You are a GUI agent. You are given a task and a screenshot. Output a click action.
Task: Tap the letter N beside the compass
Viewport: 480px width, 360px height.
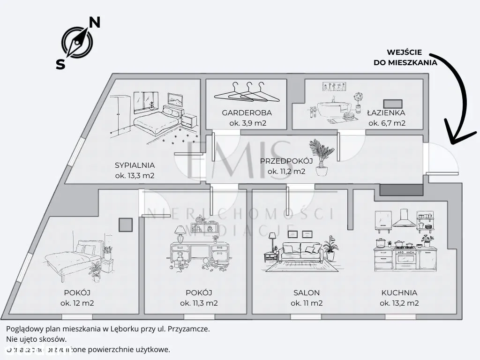95,22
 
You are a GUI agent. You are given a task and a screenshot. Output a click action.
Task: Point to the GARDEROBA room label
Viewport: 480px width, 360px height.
247,113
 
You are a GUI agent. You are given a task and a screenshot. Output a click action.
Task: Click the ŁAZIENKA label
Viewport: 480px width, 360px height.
386,112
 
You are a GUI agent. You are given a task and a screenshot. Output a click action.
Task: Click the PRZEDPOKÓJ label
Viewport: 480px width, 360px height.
286,161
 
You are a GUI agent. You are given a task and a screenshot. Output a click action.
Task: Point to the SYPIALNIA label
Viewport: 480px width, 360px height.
135,165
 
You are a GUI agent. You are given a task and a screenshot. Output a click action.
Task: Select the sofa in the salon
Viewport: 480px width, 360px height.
300,253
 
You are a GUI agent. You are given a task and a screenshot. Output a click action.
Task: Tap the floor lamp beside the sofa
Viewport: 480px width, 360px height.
272,246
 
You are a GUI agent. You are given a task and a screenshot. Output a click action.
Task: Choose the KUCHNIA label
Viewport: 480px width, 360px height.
399,293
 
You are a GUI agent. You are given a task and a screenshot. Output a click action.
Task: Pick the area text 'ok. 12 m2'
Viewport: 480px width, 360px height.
77,303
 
